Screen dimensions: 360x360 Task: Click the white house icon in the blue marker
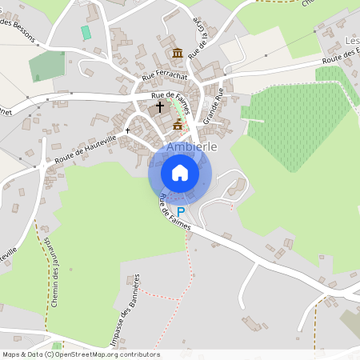pos(180,172)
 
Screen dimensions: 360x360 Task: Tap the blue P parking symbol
pos(181,211)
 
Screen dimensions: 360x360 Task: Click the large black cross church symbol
pos(159,106)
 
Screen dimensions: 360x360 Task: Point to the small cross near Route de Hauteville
pos(127,130)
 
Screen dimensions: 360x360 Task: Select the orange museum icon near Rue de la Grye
pos(178,53)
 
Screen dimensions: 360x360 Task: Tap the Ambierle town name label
pos(192,135)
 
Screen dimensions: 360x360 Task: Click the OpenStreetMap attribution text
pos(81,354)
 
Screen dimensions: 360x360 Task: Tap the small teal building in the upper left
pos(86,33)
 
